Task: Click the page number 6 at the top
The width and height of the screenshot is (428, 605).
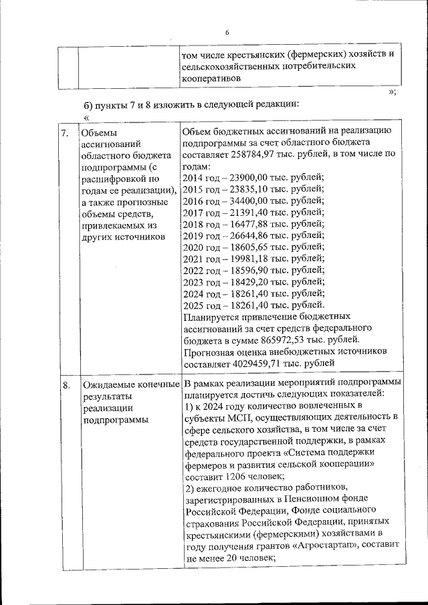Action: [227, 32]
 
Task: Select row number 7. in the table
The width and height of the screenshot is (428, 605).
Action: [66, 133]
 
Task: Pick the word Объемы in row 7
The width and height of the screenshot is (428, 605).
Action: [98, 132]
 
